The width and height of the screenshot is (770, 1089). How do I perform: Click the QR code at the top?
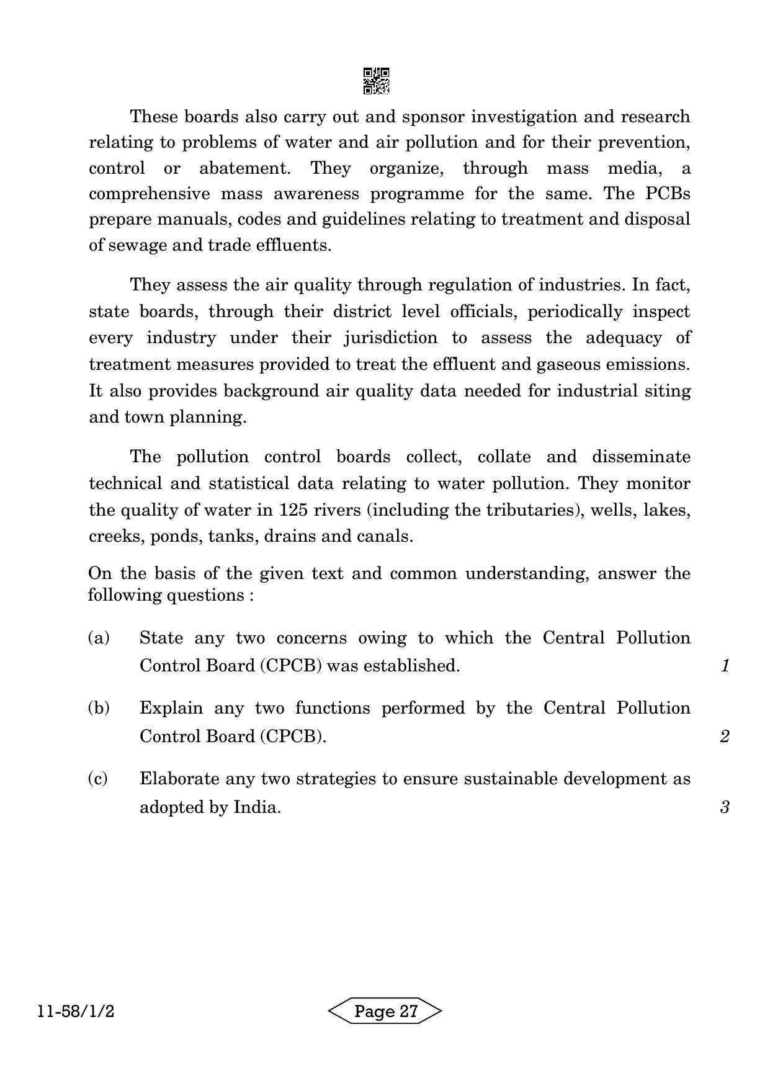pyautogui.click(x=376, y=81)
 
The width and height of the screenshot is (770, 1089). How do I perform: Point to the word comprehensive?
pyautogui.click(x=150, y=194)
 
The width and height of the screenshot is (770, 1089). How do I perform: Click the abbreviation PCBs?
pyautogui.click(x=668, y=194)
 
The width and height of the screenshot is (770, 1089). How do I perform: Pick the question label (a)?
pyautogui.click(x=99, y=638)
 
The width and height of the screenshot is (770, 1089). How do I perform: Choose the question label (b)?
pyautogui.click(x=99, y=708)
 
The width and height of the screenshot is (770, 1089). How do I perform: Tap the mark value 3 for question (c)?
pyautogui.click(x=724, y=807)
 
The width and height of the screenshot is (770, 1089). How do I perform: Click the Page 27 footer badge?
pyautogui.click(x=385, y=1012)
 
